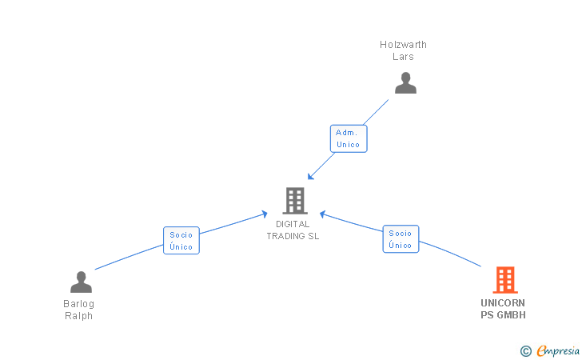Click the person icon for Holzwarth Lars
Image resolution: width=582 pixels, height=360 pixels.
click(x=405, y=83)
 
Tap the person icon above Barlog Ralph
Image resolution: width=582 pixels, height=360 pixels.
click(x=81, y=282)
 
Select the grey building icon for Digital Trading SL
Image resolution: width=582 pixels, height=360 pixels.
click(x=294, y=200)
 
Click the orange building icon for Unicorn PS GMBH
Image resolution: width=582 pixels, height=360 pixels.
click(x=504, y=279)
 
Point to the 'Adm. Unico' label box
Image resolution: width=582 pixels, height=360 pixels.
click(x=349, y=138)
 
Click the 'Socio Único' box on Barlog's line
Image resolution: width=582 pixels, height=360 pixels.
click(x=181, y=240)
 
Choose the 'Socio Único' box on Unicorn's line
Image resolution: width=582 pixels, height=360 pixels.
click(x=401, y=239)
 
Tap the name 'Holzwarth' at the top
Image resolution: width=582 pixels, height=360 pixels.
click(x=404, y=45)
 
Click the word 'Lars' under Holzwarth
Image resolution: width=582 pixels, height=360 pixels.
click(x=404, y=57)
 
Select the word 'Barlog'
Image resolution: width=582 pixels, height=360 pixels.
click(x=79, y=304)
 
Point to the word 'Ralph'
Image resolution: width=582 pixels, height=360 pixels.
click(x=79, y=316)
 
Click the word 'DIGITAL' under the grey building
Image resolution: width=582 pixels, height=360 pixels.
click(x=293, y=224)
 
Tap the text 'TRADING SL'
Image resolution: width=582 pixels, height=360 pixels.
click(x=293, y=236)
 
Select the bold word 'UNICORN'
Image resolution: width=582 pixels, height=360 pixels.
click(x=503, y=303)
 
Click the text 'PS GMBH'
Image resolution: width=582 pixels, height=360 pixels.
click(x=503, y=315)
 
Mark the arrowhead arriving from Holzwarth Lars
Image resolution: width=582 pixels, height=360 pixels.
click(x=310, y=177)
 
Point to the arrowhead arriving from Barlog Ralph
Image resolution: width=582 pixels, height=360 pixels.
click(x=265, y=213)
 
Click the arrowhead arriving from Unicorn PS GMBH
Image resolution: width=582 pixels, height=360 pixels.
click(x=322, y=214)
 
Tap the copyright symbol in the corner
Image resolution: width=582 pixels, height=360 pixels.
click(x=525, y=350)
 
